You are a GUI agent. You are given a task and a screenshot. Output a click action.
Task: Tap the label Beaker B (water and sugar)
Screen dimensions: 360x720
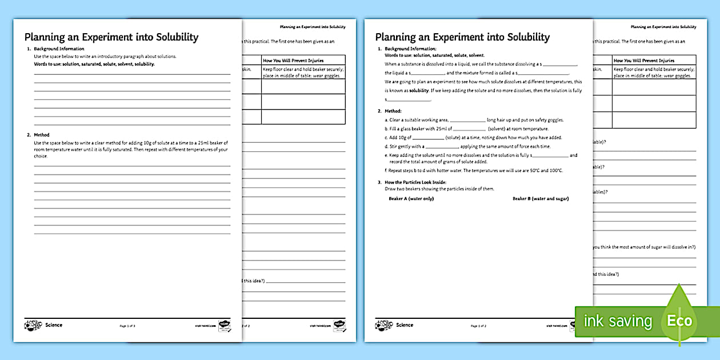(x=541, y=199)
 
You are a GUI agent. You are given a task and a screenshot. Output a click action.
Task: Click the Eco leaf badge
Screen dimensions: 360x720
(x=679, y=319)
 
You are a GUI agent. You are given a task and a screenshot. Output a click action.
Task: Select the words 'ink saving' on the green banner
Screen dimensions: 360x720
(x=617, y=321)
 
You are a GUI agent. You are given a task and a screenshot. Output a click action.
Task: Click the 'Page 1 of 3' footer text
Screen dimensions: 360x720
(x=127, y=326)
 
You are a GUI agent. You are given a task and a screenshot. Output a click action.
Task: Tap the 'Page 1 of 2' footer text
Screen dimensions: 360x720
(x=478, y=326)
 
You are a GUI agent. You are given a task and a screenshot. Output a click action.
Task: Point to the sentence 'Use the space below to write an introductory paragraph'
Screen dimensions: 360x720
(x=105, y=57)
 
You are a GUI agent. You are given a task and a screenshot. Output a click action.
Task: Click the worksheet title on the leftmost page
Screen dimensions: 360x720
(x=111, y=37)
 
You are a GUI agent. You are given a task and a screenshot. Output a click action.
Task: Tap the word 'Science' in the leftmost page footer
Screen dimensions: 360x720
(x=54, y=325)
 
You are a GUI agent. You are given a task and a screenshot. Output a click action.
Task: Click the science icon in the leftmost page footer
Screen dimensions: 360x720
(x=33, y=326)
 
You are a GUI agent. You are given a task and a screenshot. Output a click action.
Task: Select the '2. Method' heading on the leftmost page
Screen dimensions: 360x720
(x=38, y=135)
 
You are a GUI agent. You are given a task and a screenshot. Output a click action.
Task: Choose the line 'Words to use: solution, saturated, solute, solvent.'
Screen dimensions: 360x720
(x=426, y=55)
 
